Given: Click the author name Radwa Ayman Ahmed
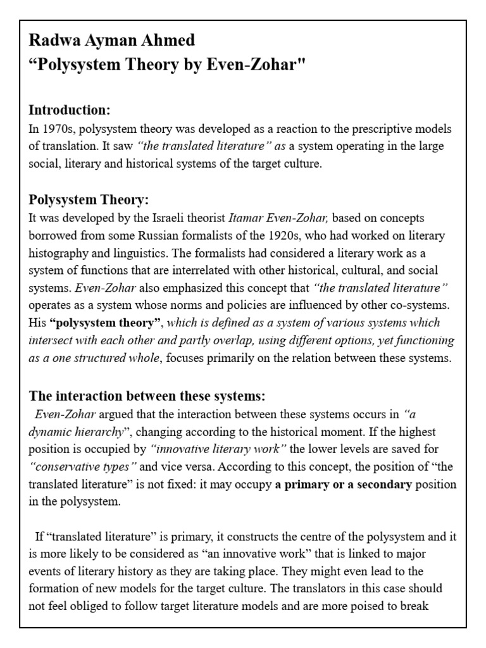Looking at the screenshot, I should click(x=112, y=41).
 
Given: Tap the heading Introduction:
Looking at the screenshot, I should click(x=70, y=110).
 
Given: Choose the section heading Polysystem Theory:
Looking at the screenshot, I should click(x=89, y=200).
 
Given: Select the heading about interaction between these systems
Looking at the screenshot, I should click(x=147, y=397).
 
